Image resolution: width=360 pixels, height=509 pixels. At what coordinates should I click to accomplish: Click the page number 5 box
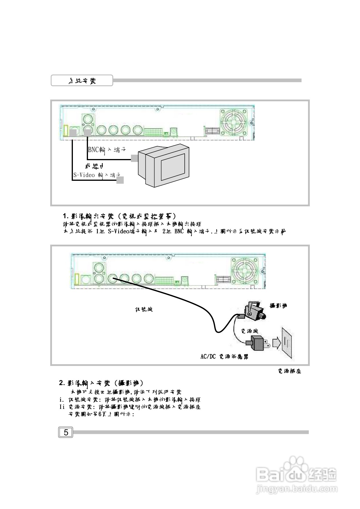(x=66, y=432)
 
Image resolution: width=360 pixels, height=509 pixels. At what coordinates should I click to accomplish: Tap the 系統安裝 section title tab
(x=82, y=81)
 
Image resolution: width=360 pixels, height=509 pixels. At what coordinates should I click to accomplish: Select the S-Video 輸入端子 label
(x=97, y=175)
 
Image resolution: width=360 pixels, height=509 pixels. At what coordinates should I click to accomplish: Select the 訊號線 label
(x=144, y=309)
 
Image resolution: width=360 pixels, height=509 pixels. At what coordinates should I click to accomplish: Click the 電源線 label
(x=249, y=331)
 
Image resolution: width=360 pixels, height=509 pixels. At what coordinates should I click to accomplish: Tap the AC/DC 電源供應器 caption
(x=224, y=357)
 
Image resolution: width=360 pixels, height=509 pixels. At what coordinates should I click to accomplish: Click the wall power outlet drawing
(x=287, y=342)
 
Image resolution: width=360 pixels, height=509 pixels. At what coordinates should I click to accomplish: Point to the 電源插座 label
(x=289, y=371)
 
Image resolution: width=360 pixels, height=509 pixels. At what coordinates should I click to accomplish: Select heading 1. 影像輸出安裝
(x=119, y=216)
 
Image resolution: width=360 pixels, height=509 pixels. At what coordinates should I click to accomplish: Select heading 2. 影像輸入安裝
(x=101, y=383)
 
